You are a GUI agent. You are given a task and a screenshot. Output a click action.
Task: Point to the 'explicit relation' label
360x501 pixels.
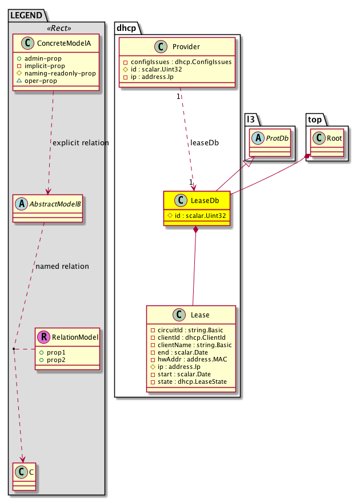[81, 142]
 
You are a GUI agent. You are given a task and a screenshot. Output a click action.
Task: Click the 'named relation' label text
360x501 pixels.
[62, 266]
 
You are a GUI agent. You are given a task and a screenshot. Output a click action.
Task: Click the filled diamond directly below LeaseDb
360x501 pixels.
[196, 230]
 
